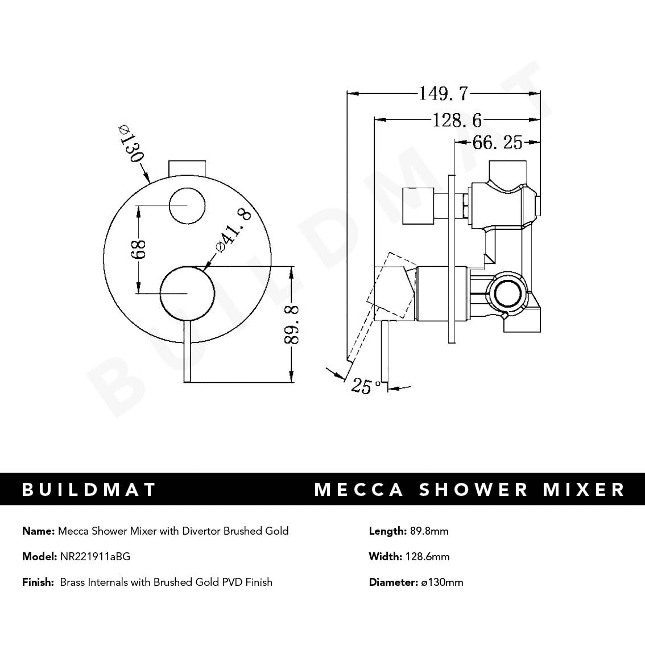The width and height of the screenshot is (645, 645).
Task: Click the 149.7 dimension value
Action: pyautogui.click(x=443, y=93)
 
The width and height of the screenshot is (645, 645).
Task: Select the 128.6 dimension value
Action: pyautogui.click(x=457, y=120)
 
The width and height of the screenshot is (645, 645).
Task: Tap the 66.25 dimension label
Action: pyautogui.click(x=497, y=142)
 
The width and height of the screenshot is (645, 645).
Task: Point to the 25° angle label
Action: pyautogui.click(x=366, y=386)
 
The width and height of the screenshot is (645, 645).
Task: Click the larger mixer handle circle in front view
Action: pyautogui.click(x=188, y=293)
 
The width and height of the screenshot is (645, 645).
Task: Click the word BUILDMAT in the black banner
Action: pyautogui.click(x=89, y=490)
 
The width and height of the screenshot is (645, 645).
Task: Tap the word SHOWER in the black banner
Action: pyautogui.click(x=474, y=490)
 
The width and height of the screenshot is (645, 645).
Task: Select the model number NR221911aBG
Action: pyautogui.click(x=95, y=556)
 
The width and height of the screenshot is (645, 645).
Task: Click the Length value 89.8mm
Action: pyautogui.click(x=429, y=531)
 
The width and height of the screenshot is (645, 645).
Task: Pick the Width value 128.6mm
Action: pyautogui.click(x=427, y=556)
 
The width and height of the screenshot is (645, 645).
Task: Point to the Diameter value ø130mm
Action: pyautogui.click(x=441, y=582)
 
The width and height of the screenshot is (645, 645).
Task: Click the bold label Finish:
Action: pyautogui.click(x=38, y=582)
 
